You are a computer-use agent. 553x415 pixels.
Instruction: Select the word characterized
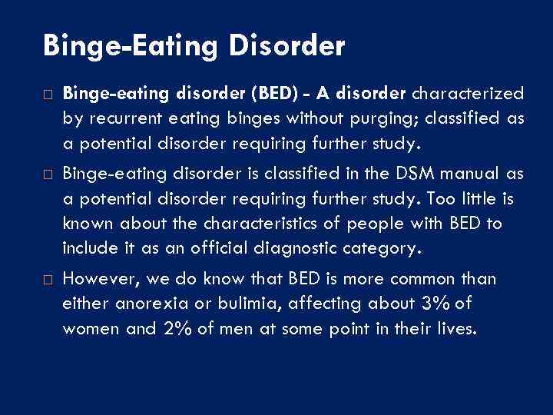coord(469,95)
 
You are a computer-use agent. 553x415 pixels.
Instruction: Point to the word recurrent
coord(117,118)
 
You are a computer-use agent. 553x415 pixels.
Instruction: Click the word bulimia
coord(246,304)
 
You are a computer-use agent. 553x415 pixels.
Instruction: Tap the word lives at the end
coord(458,328)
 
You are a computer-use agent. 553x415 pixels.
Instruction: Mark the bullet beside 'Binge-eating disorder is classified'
coord(48,174)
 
